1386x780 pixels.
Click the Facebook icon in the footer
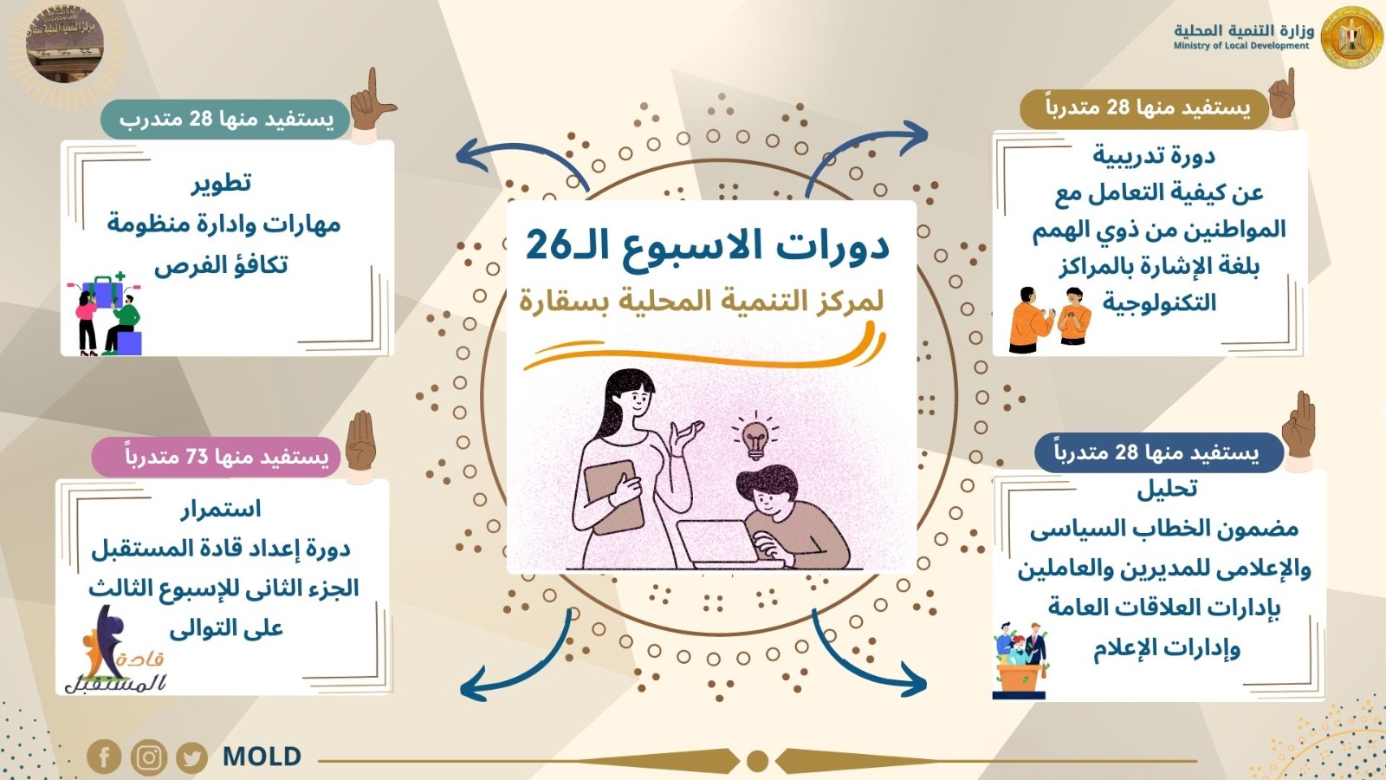tap(103, 757)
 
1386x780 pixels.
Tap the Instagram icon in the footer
tap(148, 757)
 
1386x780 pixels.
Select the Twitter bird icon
tap(191, 757)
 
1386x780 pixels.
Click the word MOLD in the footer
tap(262, 757)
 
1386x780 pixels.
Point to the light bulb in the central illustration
tap(755, 436)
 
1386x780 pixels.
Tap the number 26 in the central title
tap(547, 245)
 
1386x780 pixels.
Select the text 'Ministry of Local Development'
tap(1241, 46)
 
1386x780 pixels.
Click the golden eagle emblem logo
tap(1351, 37)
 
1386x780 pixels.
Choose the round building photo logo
tap(65, 43)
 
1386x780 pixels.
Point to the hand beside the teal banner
tap(372, 104)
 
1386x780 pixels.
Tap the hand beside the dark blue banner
tap(1299, 430)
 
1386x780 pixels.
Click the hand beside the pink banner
tap(360, 445)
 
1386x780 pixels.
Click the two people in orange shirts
tap(1050, 320)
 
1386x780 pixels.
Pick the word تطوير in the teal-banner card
tap(221, 183)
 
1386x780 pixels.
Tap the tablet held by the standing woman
tap(614, 497)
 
